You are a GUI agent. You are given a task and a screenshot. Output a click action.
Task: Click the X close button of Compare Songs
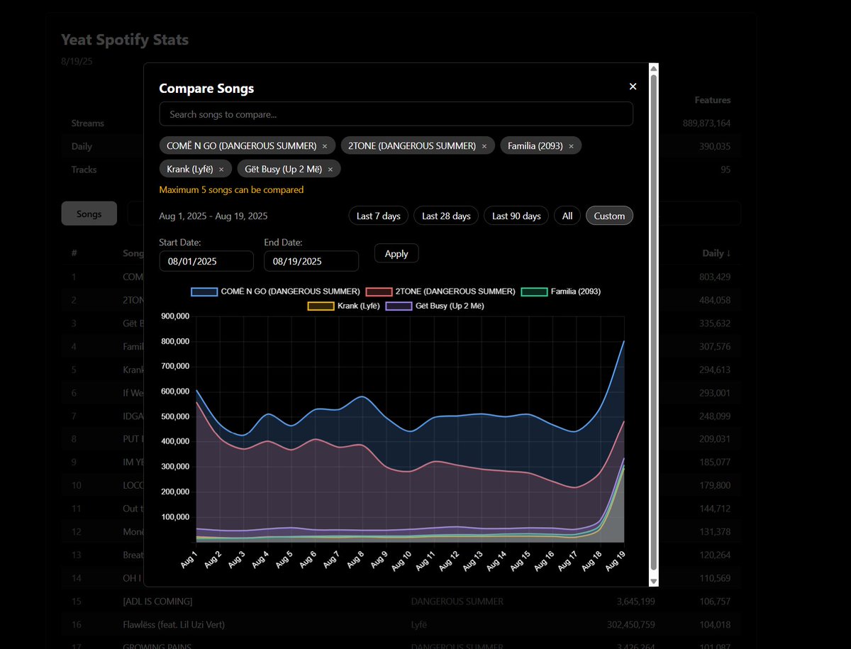[x=633, y=87]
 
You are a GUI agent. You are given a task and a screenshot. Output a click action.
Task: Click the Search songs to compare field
[x=396, y=114]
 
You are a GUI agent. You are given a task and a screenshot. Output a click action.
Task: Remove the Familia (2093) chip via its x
[x=571, y=146]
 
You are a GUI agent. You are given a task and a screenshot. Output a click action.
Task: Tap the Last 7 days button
[x=378, y=216]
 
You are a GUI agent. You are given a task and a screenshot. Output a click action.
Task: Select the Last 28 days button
[x=446, y=216]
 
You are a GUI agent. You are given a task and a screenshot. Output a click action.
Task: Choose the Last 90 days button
[x=516, y=216]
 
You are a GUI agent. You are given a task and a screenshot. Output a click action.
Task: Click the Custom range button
[x=609, y=216]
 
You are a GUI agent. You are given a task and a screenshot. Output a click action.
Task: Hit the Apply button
[x=396, y=254]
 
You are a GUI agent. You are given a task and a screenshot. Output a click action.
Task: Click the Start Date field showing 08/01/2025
[x=206, y=261]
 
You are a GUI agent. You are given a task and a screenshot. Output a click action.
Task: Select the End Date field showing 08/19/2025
[x=311, y=261]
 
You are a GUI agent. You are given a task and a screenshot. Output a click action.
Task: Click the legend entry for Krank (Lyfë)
[x=344, y=306]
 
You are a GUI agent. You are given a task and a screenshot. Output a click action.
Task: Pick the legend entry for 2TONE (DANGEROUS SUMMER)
[x=440, y=292]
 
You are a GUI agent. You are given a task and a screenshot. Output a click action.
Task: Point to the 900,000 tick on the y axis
[x=174, y=316]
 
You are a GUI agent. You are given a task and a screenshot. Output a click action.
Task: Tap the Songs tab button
[x=89, y=213]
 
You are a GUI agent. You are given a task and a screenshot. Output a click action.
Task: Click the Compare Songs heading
[x=206, y=89]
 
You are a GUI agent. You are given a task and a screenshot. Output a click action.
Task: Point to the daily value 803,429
[x=715, y=277]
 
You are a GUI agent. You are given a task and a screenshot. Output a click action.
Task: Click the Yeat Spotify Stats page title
[x=125, y=40]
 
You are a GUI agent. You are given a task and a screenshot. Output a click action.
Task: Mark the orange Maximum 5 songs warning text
[x=231, y=190]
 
